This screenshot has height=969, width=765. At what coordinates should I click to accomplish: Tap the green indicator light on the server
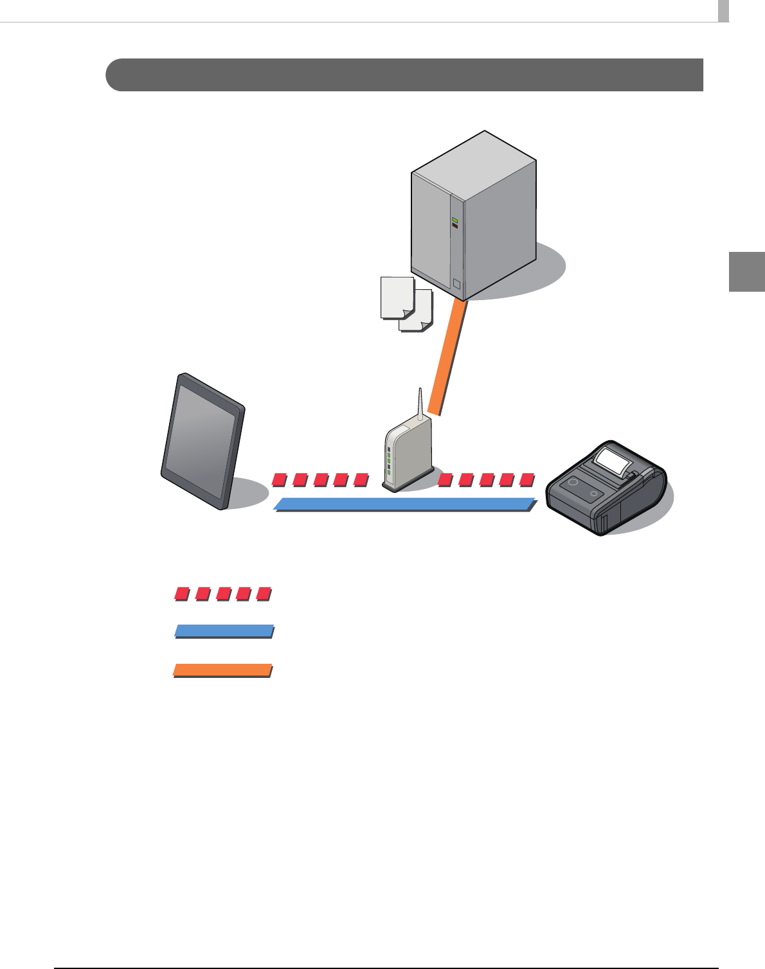pos(455,220)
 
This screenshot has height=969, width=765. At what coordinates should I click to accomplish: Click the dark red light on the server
pos(455,226)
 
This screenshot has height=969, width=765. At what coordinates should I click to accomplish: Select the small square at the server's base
pos(456,284)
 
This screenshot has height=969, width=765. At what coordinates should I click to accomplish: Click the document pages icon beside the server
pos(406,304)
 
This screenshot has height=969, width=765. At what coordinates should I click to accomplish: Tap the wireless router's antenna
pos(420,405)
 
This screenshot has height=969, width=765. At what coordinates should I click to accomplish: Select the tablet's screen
pos(201,443)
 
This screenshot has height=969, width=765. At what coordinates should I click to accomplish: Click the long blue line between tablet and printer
pos(405,504)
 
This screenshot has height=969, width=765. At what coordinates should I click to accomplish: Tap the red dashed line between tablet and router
pos(320,480)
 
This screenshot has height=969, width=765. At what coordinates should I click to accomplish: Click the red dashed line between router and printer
pos(487,479)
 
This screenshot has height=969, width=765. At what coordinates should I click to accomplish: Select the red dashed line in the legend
pos(222,594)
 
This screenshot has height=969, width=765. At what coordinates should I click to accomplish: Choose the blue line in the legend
pos(224,631)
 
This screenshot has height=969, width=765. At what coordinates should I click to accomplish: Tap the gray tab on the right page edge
pos(746,272)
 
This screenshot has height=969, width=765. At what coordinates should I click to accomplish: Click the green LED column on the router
pos(389,462)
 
